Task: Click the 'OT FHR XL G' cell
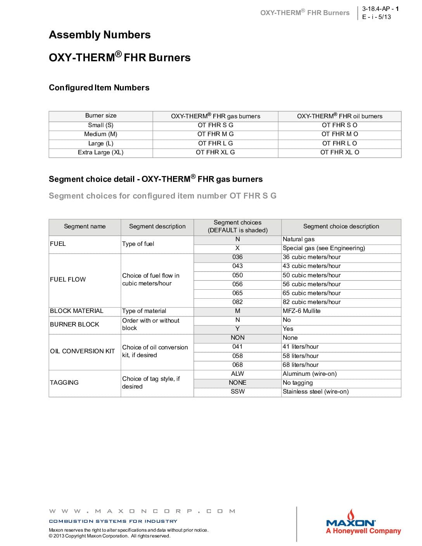[215, 152]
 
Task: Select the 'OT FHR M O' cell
[339, 134]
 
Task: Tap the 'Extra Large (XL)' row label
[100, 152]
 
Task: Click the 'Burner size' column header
[100, 116]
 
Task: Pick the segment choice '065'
[237, 293]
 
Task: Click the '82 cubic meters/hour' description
[311, 302]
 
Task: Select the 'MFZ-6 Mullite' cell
[301, 311]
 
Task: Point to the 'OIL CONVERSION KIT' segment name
[82, 351]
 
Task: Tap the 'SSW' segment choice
[237, 392]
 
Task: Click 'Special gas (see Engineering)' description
[323, 248]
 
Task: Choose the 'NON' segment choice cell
[237, 338]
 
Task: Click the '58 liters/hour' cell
[300, 356]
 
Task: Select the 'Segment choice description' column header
[341, 226]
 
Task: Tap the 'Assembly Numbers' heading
[100, 35]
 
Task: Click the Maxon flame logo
[351, 516]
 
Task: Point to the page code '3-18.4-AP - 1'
[380, 9]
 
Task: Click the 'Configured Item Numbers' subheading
[99, 88]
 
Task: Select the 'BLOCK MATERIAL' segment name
[77, 311]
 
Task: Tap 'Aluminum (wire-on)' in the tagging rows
[310, 374]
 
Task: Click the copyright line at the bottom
[109, 536]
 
